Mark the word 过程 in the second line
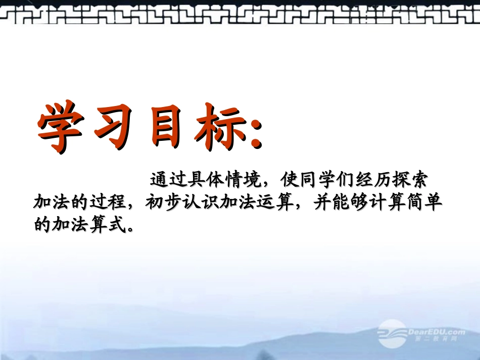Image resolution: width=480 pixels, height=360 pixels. pos(108,202)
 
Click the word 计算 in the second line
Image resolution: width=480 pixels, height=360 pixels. pos(387,202)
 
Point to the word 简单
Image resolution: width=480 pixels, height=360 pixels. pos(424,202)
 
